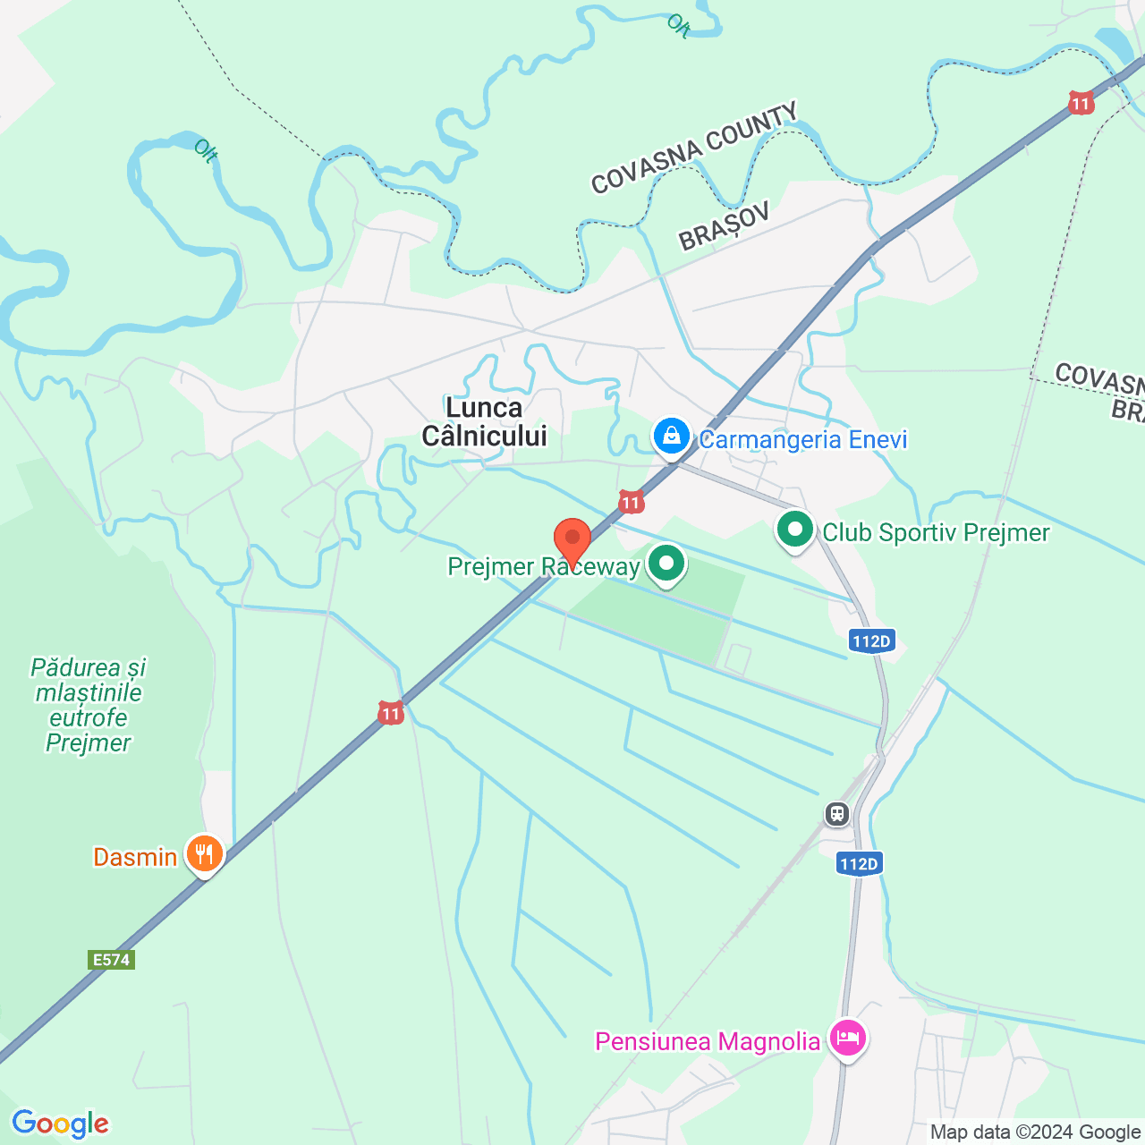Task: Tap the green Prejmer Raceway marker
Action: coord(666,564)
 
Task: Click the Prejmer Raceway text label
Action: coord(544,567)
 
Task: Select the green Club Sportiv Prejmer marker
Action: coord(794,530)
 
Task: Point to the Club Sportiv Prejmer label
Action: coord(936,533)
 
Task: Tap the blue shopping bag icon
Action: coord(671,437)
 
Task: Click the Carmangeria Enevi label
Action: coord(803,439)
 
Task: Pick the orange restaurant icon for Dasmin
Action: coord(205,854)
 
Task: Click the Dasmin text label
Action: coord(135,857)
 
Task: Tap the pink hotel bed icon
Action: coord(848,1039)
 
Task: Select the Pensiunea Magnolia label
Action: coord(708,1042)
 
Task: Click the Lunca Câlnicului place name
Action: coord(484,422)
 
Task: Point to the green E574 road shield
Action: coord(112,960)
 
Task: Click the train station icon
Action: coord(837,814)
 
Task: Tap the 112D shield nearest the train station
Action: coord(860,863)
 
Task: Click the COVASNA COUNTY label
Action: coord(694,148)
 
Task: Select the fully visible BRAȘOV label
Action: coord(725,226)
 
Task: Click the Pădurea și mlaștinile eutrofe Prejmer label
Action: coord(88,705)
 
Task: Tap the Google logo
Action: coord(60,1124)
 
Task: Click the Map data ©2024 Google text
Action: coord(1036,1132)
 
